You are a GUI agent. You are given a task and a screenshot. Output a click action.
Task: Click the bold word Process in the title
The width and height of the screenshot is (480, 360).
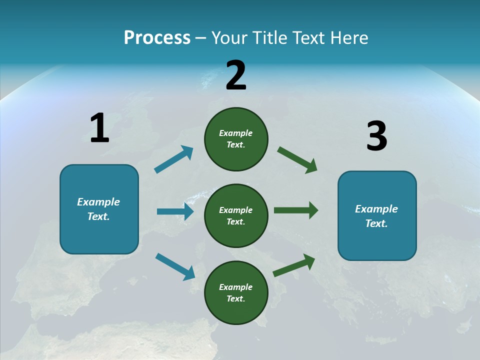[157, 38]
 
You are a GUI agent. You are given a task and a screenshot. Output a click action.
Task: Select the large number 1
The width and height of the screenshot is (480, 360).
[99, 128]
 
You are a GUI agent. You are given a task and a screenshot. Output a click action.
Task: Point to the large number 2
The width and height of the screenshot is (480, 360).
[236, 76]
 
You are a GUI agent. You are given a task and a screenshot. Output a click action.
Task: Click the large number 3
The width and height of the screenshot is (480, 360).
[376, 136]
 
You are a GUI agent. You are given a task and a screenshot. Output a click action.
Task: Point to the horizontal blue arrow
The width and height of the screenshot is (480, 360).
[175, 211]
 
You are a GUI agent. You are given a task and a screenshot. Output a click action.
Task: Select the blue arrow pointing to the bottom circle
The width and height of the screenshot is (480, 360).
[175, 266]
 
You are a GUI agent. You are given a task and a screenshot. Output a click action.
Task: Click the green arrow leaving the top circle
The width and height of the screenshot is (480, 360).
[297, 160]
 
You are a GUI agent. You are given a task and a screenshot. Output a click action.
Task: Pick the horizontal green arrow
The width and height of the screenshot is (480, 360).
[296, 210]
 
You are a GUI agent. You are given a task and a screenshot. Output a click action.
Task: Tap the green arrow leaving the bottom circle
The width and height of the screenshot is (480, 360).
[294, 265]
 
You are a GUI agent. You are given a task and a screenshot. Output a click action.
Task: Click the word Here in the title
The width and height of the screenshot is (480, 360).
[349, 38]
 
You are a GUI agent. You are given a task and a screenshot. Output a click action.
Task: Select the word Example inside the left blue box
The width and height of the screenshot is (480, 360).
[98, 202]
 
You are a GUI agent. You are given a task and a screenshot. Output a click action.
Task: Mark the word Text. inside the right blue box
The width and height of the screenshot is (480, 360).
[376, 223]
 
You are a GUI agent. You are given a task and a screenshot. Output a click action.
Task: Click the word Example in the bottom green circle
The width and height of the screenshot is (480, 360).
[235, 287]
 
